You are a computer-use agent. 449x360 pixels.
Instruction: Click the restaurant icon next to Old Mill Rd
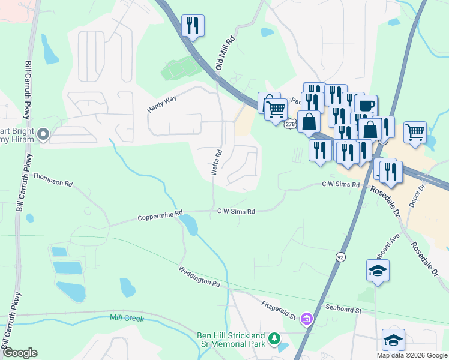[x=193, y=26]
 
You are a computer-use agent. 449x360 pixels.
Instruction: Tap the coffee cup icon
[x=366, y=106]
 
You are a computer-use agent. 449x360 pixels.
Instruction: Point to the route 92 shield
[x=340, y=257]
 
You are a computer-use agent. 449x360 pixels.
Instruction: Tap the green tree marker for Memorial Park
[x=274, y=339]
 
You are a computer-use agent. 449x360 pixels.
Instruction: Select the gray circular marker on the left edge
[x=43, y=134]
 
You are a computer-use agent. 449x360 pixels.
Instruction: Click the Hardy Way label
[x=161, y=105]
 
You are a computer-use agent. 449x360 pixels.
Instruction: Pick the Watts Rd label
[x=217, y=162]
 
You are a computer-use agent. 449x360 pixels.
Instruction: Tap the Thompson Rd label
[x=52, y=179]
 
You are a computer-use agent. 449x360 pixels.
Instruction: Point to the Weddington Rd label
[x=199, y=276]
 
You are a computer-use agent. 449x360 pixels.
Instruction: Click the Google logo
[x=20, y=353]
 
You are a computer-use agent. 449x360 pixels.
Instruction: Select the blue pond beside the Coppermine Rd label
[x=189, y=225]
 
